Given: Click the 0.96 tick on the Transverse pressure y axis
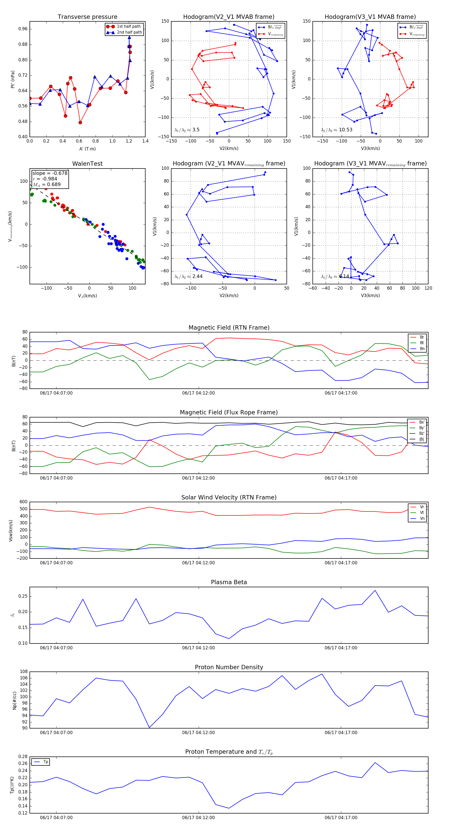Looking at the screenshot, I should pyautogui.click(x=23, y=29).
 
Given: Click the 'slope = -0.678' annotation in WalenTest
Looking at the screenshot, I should pyautogui.click(x=50, y=173).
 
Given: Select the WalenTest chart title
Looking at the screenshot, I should pyautogui.click(x=87, y=164).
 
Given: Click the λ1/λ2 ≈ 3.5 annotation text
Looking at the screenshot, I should pyautogui.click(x=187, y=130).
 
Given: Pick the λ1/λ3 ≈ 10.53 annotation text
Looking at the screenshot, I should pyautogui.click(x=336, y=130).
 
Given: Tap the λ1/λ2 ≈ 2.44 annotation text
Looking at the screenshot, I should pyautogui.click(x=188, y=276).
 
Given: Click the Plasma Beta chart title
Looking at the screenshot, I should pyautogui.click(x=229, y=582).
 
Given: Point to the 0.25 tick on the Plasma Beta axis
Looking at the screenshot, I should pyautogui.click(x=23, y=596).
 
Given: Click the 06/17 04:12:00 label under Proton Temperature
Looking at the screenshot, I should pyautogui.click(x=198, y=818).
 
